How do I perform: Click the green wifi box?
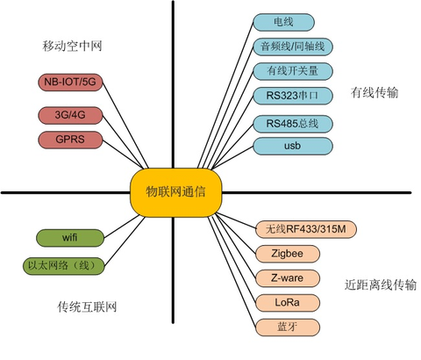[70, 238]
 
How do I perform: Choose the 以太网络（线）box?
[64, 264]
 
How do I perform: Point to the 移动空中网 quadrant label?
[71, 45]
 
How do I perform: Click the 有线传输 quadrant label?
[375, 92]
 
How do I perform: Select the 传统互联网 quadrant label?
[87, 307]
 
